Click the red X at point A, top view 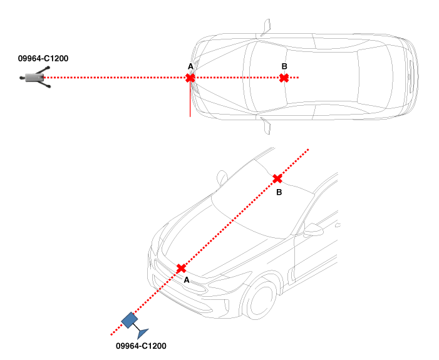point(190,78)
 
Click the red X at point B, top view point(284,78)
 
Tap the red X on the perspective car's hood point(181,269)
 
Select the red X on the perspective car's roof point(277,178)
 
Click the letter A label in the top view point(190,66)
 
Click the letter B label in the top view point(284,66)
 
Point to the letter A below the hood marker point(187,280)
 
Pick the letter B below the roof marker point(279,192)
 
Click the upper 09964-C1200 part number point(43,58)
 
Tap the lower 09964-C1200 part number point(141,346)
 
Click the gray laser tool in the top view point(35,77)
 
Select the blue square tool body point(130,320)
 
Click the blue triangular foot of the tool point(142,333)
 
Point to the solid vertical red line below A point(190,99)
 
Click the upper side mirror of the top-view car point(266,28)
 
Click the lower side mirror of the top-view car point(266,126)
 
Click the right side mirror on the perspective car point(314,229)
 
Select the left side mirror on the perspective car point(222,177)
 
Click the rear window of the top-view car point(374,77)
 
